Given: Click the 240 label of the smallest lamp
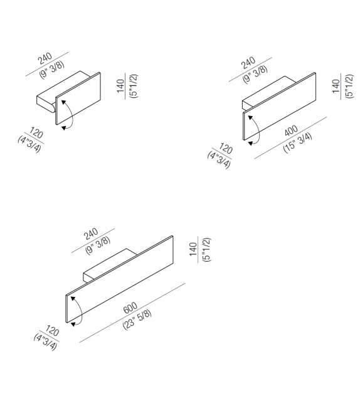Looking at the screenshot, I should pos(45,58).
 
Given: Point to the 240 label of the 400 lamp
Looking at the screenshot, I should pos(249,64).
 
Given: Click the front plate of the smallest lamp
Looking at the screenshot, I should pos(80,100).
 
